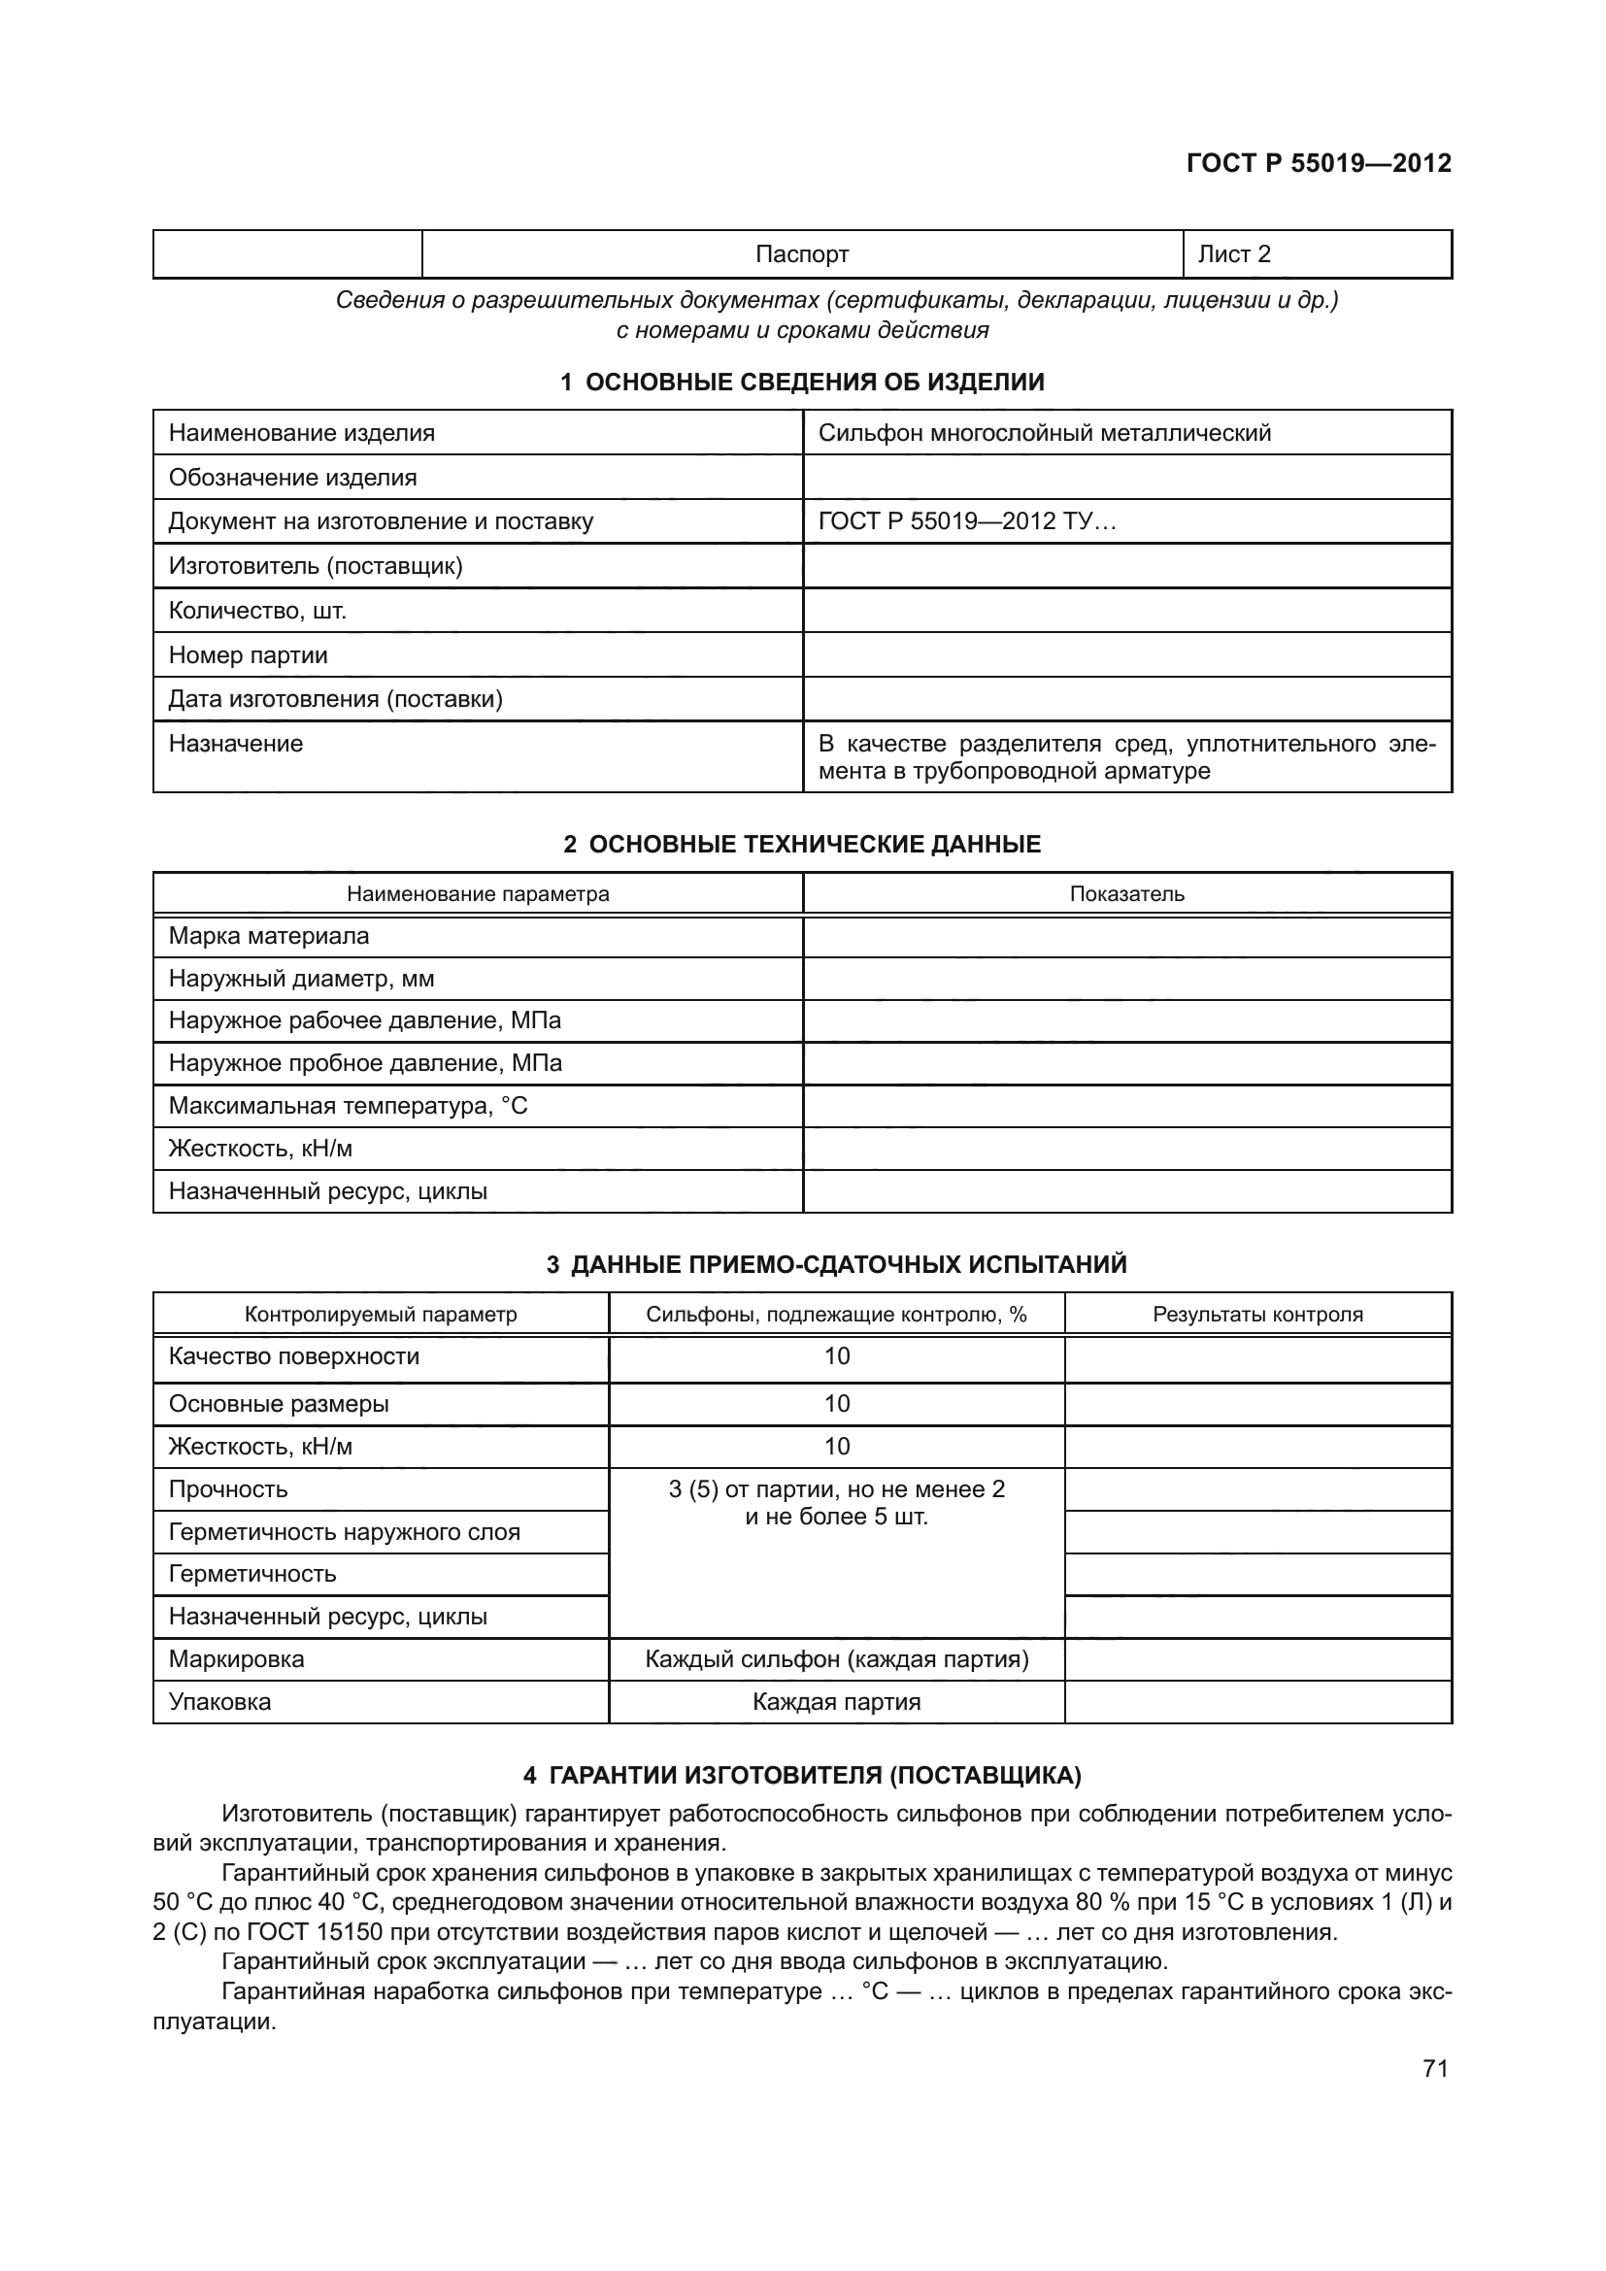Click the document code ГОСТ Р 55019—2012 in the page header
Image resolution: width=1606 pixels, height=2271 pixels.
point(1319,163)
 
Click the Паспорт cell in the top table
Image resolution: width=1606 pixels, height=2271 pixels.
point(801,254)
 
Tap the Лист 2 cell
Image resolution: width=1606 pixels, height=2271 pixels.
point(1233,254)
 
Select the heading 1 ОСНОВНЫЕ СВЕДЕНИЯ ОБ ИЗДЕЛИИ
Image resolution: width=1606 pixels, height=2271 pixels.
point(802,382)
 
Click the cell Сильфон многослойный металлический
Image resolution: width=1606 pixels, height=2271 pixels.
point(1045,433)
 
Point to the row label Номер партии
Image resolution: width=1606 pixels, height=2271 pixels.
point(249,654)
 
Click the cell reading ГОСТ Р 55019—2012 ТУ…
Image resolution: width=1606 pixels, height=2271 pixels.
point(966,521)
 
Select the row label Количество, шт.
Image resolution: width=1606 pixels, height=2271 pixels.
point(257,611)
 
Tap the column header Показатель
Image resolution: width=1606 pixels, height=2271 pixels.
point(1126,894)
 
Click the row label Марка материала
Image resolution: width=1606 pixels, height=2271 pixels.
point(269,936)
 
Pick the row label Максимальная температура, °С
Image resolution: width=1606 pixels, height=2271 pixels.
point(349,1106)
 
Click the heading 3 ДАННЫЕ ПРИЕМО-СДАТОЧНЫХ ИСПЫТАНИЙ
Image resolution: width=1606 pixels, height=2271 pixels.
point(837,1265)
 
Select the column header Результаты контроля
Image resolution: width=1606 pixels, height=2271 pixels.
point(1256,1315)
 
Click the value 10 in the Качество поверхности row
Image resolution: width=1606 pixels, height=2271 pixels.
point(837,1356)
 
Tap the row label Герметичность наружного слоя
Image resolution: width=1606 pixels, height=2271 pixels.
point(344,1532)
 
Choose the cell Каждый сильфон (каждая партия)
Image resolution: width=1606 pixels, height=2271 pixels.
point(837,1658)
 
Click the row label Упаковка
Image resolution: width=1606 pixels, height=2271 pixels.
point(219,1702)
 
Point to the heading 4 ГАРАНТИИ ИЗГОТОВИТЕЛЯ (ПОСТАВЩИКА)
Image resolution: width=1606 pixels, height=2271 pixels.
point(802,1776)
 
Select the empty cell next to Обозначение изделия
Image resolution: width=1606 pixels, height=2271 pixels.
point(1126,478)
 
